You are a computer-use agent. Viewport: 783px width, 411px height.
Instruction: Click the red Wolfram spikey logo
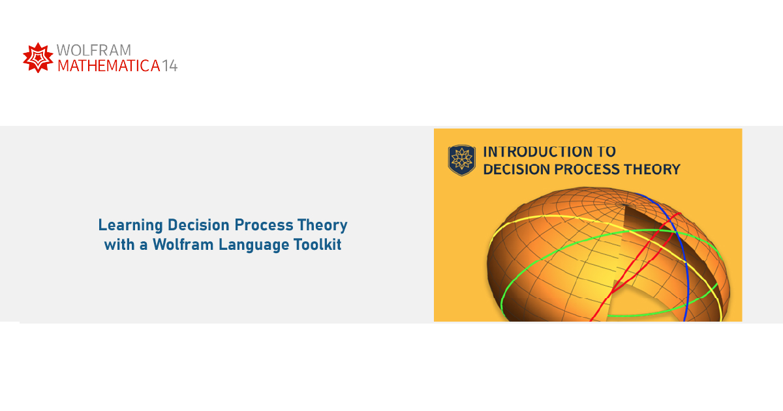click(x=38, y=57)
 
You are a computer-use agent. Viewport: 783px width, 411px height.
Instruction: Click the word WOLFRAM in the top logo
click(x=94, y=50)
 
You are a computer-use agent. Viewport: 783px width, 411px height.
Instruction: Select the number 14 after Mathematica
click(x=170, y=66)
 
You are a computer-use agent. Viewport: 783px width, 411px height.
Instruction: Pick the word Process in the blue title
click(x=264, y=225)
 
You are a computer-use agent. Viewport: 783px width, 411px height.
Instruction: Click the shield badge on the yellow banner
click(x=461, y=160)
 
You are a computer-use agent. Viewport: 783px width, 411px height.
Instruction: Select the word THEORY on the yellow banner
click(x=653, y=170)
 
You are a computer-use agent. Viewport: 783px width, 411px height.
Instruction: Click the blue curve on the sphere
click(x=679, y=248)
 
